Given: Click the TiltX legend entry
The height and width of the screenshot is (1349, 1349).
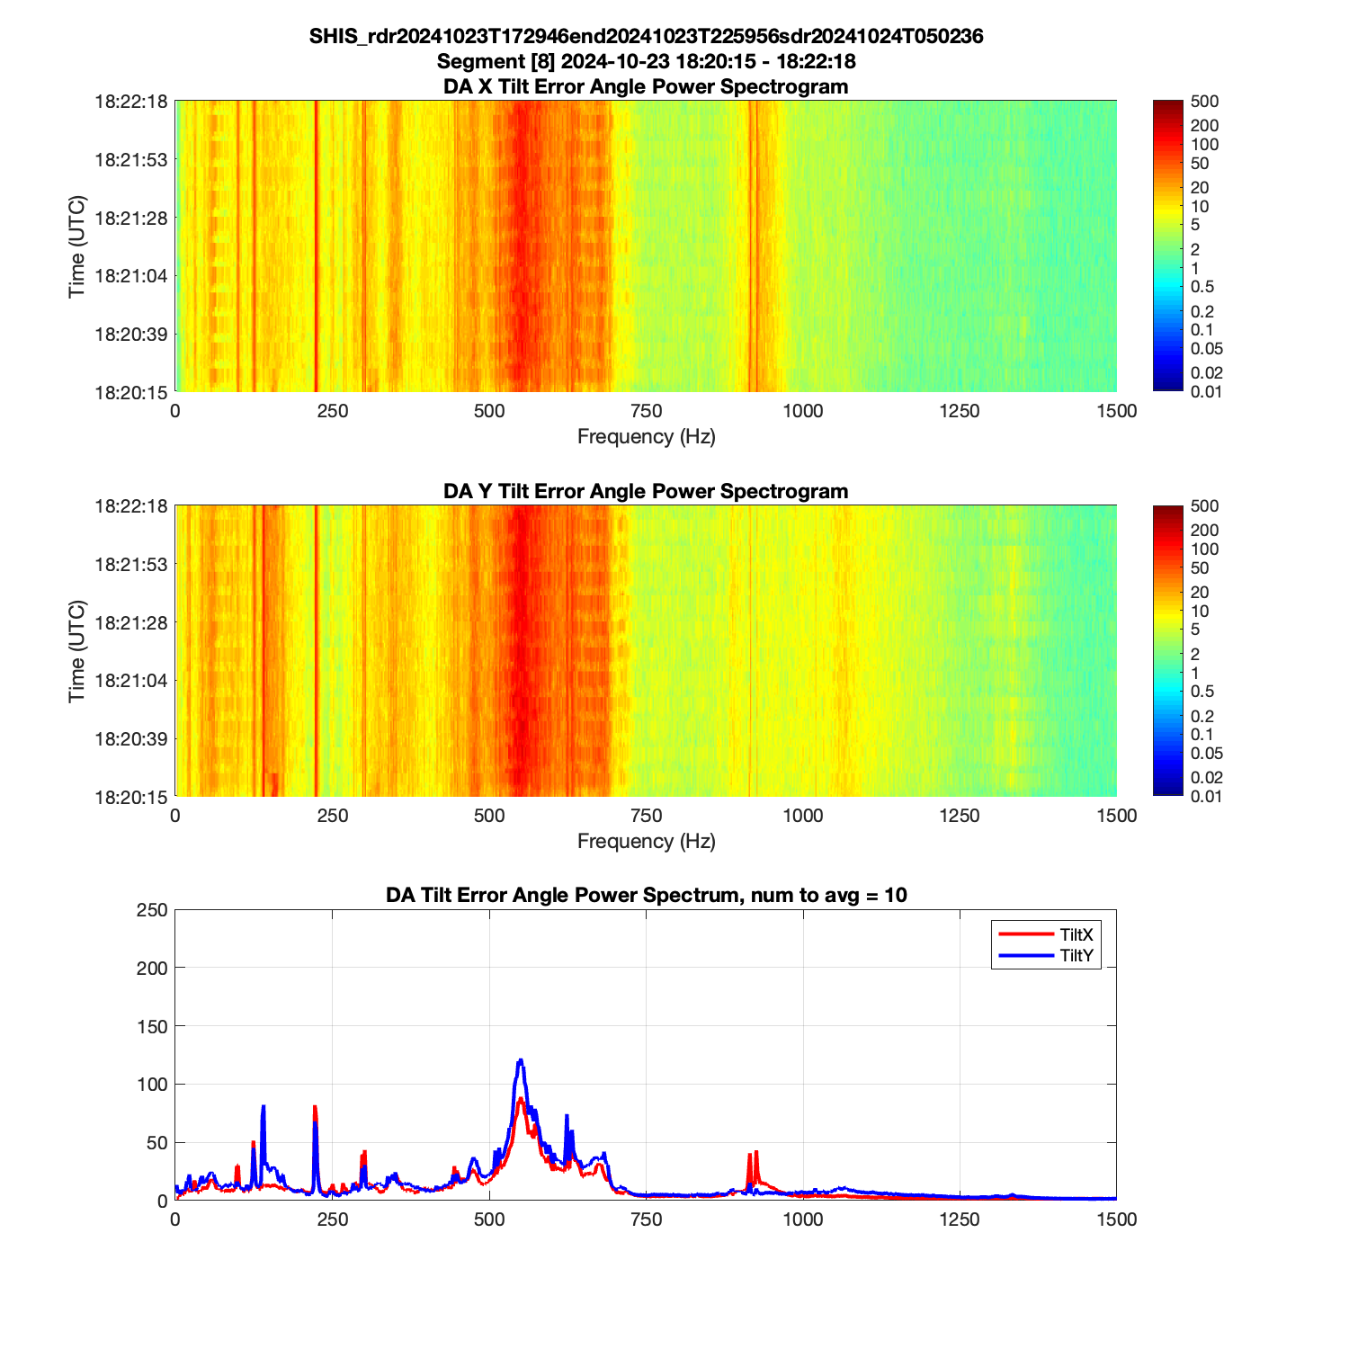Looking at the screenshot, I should tap(1076, 935).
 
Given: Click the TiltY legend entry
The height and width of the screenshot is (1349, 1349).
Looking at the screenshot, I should tap(1076, 956).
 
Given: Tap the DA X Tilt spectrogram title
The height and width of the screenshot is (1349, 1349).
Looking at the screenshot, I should tap(646, 86).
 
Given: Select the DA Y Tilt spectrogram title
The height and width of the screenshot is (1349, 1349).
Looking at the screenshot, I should tap(646, 491).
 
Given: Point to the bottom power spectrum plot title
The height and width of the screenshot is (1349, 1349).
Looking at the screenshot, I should tap(646, 895).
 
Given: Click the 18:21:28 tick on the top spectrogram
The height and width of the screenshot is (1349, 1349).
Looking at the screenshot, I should tap(131, 218).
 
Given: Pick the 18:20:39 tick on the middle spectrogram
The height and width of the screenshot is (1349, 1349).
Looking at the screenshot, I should tap(131, 738).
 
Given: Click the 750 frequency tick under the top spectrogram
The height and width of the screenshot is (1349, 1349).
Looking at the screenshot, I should tap(646, 411).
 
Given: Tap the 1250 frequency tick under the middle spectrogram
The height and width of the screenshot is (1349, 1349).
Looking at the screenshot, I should tap(960, 816).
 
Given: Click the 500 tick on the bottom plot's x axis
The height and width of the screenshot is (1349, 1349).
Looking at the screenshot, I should tap(489, 1219).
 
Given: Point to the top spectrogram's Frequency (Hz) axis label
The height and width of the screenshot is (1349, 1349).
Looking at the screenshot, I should tap(646, 437).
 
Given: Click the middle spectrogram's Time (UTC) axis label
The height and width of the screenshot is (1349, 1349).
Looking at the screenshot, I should tap(77, 651).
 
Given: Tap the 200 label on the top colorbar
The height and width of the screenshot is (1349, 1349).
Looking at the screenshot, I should tap(1204, 126).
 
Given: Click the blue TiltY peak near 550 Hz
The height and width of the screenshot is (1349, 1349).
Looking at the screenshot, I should tap(520, 1061).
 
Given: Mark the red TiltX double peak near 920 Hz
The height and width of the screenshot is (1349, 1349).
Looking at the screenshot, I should tap(753, 1155).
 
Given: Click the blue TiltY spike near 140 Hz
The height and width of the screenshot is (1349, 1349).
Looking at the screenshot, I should tap(264, 1107).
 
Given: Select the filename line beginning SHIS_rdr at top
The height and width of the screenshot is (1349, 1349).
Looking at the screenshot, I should tap(646, 36).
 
